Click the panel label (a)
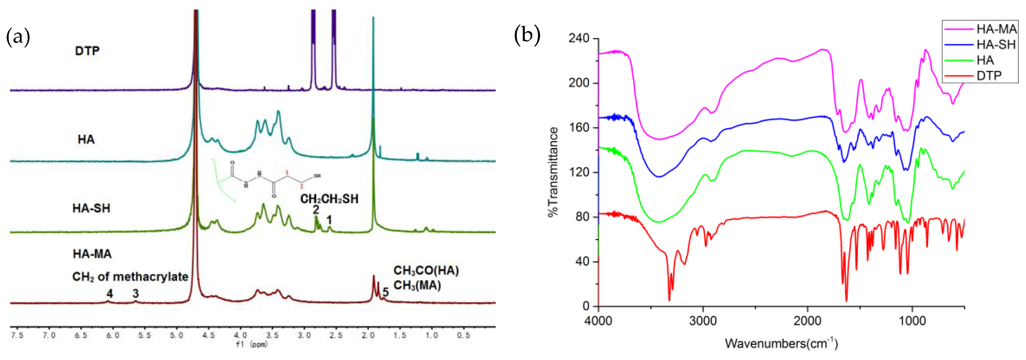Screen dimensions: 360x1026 (x=18, y=37)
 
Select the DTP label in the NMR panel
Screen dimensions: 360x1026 (x=87, y=51)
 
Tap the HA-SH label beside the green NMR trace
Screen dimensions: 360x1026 (x=91, y=208)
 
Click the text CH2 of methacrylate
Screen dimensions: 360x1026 (x=130, y=277)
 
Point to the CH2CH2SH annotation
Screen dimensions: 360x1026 (x=329, y=199)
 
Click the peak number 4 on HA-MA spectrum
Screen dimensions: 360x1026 (x=109, y=294)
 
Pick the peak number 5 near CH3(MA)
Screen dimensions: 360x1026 (x=385, y=292)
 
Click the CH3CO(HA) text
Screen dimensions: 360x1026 (x=426, y=271)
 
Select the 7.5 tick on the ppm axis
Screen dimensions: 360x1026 (x=17, y=335)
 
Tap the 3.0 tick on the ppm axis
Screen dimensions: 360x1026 (x=304, y=335)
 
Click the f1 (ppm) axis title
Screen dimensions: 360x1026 (x=252, y=344)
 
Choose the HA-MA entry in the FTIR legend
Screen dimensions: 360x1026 (x=996, y=29)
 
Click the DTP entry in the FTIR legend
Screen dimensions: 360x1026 (x=989, y=75)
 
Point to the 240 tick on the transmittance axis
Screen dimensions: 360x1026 (x=578, y=38)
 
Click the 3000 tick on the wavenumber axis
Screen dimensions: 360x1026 (x=703, y=321)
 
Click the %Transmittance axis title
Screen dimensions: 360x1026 (x=553, y=172)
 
